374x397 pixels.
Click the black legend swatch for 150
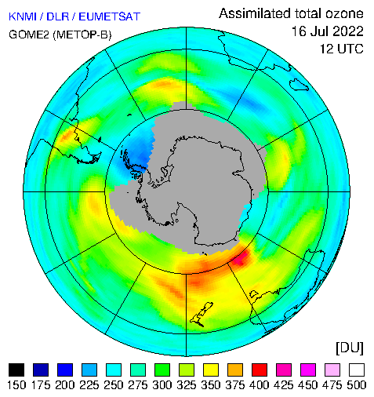16,370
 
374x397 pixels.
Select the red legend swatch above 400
260,370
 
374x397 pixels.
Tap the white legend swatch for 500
357,370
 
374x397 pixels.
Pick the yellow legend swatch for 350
211,370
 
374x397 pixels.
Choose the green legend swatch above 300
162,370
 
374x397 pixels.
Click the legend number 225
89,385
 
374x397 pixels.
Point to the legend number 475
332,385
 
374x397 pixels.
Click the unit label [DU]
350,348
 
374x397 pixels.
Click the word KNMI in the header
23,16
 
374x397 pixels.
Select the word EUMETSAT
110,16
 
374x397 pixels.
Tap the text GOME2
29,35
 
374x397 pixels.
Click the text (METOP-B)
82,35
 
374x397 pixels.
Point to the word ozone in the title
344,13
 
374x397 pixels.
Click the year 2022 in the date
348,31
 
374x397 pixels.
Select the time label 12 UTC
342,49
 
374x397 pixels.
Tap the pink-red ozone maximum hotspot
241,257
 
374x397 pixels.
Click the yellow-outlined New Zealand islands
202,314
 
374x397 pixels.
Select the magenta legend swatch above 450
308,370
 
